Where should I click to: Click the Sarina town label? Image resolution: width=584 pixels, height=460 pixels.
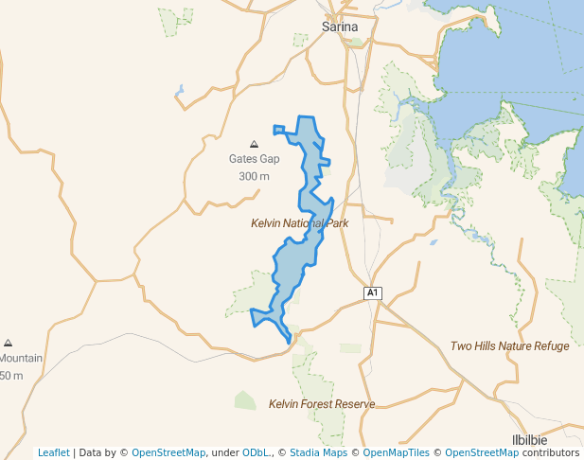340,27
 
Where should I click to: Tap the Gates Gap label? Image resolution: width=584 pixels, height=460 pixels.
254,159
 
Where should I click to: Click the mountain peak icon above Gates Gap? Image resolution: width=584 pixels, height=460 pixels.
254,143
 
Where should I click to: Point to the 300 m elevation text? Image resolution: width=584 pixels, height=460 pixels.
254,176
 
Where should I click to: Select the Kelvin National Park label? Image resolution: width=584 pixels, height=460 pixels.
300,223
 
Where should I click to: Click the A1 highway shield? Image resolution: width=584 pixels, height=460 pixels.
373,293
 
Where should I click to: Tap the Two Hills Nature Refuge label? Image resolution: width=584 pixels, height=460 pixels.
510,346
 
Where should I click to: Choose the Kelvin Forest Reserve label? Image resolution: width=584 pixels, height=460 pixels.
322,404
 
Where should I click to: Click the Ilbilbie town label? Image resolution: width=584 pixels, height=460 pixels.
556,440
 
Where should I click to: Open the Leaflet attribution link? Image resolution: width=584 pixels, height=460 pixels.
53,452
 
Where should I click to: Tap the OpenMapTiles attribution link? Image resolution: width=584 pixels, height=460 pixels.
396,452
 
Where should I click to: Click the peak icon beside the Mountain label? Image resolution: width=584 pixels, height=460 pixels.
9,343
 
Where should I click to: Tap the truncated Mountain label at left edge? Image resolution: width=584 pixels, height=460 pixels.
21,359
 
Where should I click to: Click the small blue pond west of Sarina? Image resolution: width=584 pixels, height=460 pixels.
178,92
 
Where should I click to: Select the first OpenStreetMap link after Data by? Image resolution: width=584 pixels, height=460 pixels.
168,452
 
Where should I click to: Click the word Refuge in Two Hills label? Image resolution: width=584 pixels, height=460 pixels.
551,346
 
